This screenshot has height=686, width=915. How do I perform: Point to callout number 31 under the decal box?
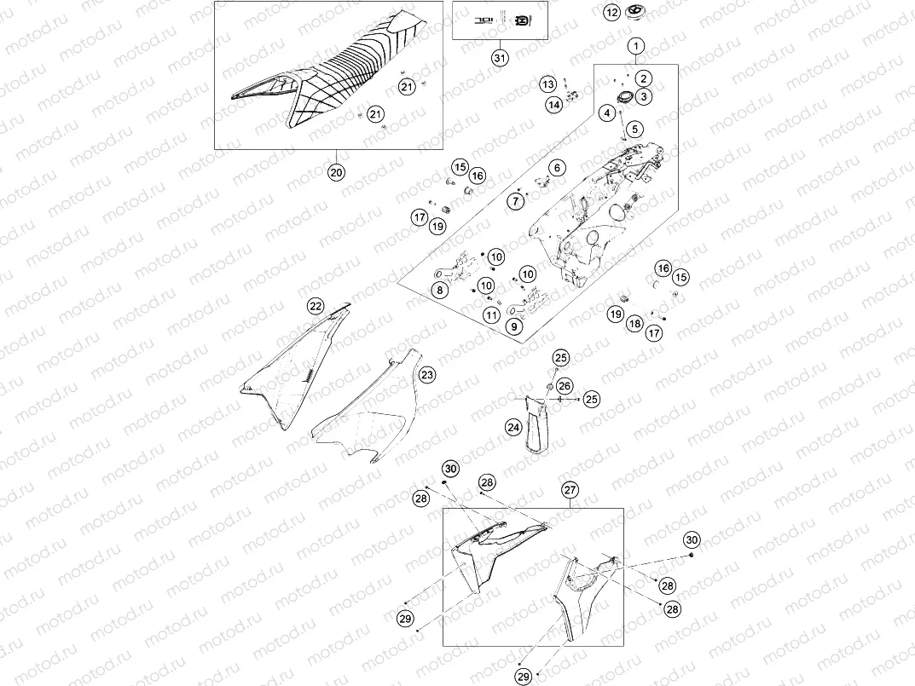tap(500, 58)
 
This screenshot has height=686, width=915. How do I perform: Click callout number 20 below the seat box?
tap(336, 171)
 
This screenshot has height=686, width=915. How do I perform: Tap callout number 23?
tap(426, 375)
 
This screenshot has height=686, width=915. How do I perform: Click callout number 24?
tap(513, 426)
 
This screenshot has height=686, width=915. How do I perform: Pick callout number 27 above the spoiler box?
tap(569, 489)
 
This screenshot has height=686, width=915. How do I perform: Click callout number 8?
tap(439, 290)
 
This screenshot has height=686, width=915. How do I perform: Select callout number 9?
tap(514, 326)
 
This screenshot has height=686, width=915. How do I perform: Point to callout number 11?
tap(491, 314)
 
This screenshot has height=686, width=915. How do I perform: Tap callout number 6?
tap(557, 168)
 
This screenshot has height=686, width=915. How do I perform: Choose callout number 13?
tap(547, 84)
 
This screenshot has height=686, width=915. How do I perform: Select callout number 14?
tap(554, 105)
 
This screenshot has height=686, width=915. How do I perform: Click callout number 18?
tap(634, 324)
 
